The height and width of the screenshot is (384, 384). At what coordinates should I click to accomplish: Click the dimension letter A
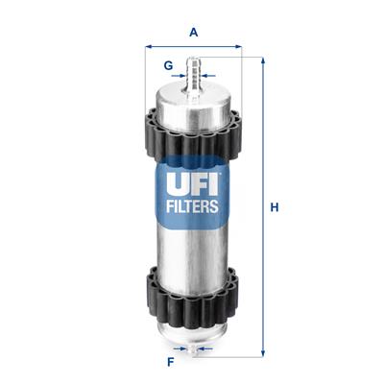(193, 33)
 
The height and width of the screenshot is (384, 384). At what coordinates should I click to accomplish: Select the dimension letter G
(168, 66)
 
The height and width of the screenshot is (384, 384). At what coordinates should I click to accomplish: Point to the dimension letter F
(170, 363)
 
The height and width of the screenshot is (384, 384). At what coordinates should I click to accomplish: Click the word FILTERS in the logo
(193, 204)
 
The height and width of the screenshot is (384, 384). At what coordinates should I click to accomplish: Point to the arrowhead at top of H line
(261, 60)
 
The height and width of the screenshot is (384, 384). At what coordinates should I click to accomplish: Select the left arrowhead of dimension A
(148, 45)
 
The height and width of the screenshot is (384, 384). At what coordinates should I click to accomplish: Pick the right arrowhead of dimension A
(238, 45)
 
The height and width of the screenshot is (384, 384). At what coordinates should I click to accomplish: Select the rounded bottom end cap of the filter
(193, 334)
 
